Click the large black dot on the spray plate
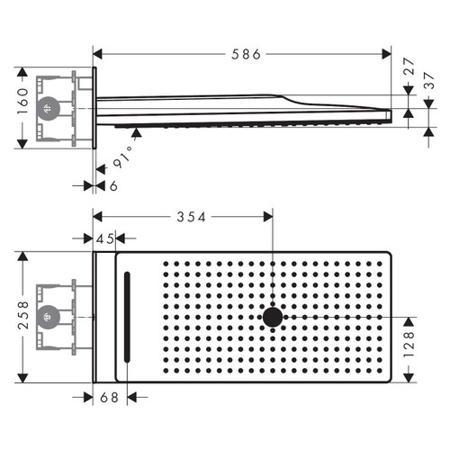[x=272, y=318]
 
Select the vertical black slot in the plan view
[x=127, y=318]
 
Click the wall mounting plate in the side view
[x=93, y=108]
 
